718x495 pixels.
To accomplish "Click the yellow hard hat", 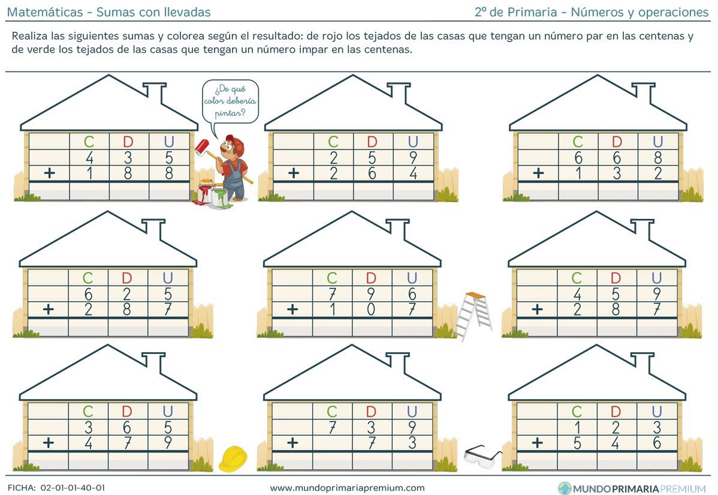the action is pos(233,459).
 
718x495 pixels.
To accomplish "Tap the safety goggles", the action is pos(482,457).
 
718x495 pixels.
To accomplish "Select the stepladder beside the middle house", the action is pos(473,316).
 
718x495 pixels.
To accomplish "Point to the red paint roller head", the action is pos(201,147).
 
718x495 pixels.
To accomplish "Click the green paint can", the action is pos(220,198).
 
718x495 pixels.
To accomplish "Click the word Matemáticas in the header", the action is pos(45,13).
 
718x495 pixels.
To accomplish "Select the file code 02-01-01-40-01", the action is pos(73,488).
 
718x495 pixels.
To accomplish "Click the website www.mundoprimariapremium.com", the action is pos(347,488).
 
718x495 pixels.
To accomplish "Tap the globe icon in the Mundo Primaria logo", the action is pos(565,488).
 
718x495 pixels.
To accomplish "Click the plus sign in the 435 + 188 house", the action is pos(50,173).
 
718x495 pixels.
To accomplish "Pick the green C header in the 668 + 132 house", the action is pos(578,142).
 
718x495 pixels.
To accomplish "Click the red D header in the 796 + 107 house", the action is pos(371,278).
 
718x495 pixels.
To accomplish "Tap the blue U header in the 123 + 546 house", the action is pos(657,412).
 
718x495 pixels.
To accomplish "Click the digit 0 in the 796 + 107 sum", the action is pos(371,310).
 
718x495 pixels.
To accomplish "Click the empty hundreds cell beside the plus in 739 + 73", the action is pos(332,443).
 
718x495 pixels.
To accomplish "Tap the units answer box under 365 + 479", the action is pos(168,461).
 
